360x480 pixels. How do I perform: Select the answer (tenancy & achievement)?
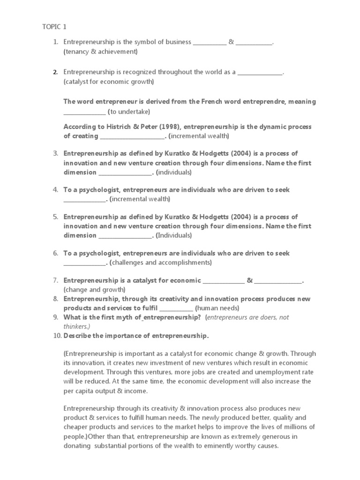coord(100,52)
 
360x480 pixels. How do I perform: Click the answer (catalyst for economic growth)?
coord(109,82)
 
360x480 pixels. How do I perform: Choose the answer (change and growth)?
coord(94,290)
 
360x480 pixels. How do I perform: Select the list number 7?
coord(55,281)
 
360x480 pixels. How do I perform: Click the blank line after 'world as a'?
coord(260,73)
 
